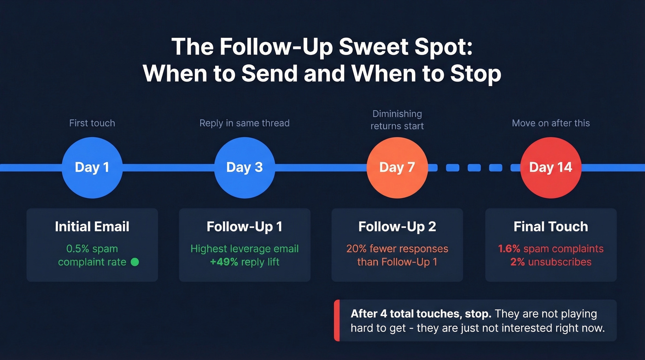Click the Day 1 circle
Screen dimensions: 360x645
pos(92,167)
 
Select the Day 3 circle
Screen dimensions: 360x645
pos(244,167)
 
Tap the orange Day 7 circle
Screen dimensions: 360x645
pos(397,167)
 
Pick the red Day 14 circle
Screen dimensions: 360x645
pos(551,167)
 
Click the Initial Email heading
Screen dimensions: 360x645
pos(92,227)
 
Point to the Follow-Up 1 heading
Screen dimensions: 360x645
pos(244,227)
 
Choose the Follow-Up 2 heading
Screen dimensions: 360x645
pos(397,227)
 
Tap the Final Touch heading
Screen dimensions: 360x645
pos(551,227)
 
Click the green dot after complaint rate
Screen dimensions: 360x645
pos(135,262)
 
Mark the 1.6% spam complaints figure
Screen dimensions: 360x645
pos(509,249)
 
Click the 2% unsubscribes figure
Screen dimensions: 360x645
pos(516,262)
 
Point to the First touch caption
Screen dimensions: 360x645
pos(92,123)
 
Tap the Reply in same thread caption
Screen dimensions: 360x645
pos(244,123)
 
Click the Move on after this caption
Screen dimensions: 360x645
pos(551,123)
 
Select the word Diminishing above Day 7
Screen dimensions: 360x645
pos(397,114)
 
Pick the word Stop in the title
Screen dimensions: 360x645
pos(475,74)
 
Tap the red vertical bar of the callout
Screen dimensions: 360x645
pos(337,320)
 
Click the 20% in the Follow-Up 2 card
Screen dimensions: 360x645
pos(356,249)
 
